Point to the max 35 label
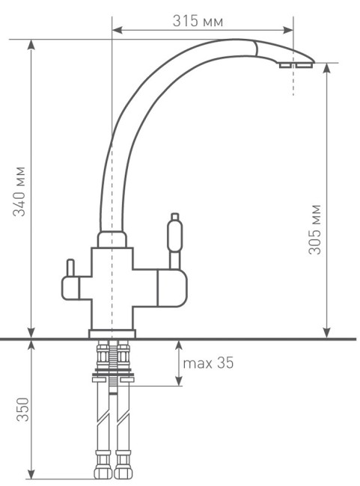[x=209, y=363]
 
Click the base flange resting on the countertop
[x=112, y=333]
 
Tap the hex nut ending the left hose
[x=100, y=473]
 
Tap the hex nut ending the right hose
[x=123, y=473]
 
